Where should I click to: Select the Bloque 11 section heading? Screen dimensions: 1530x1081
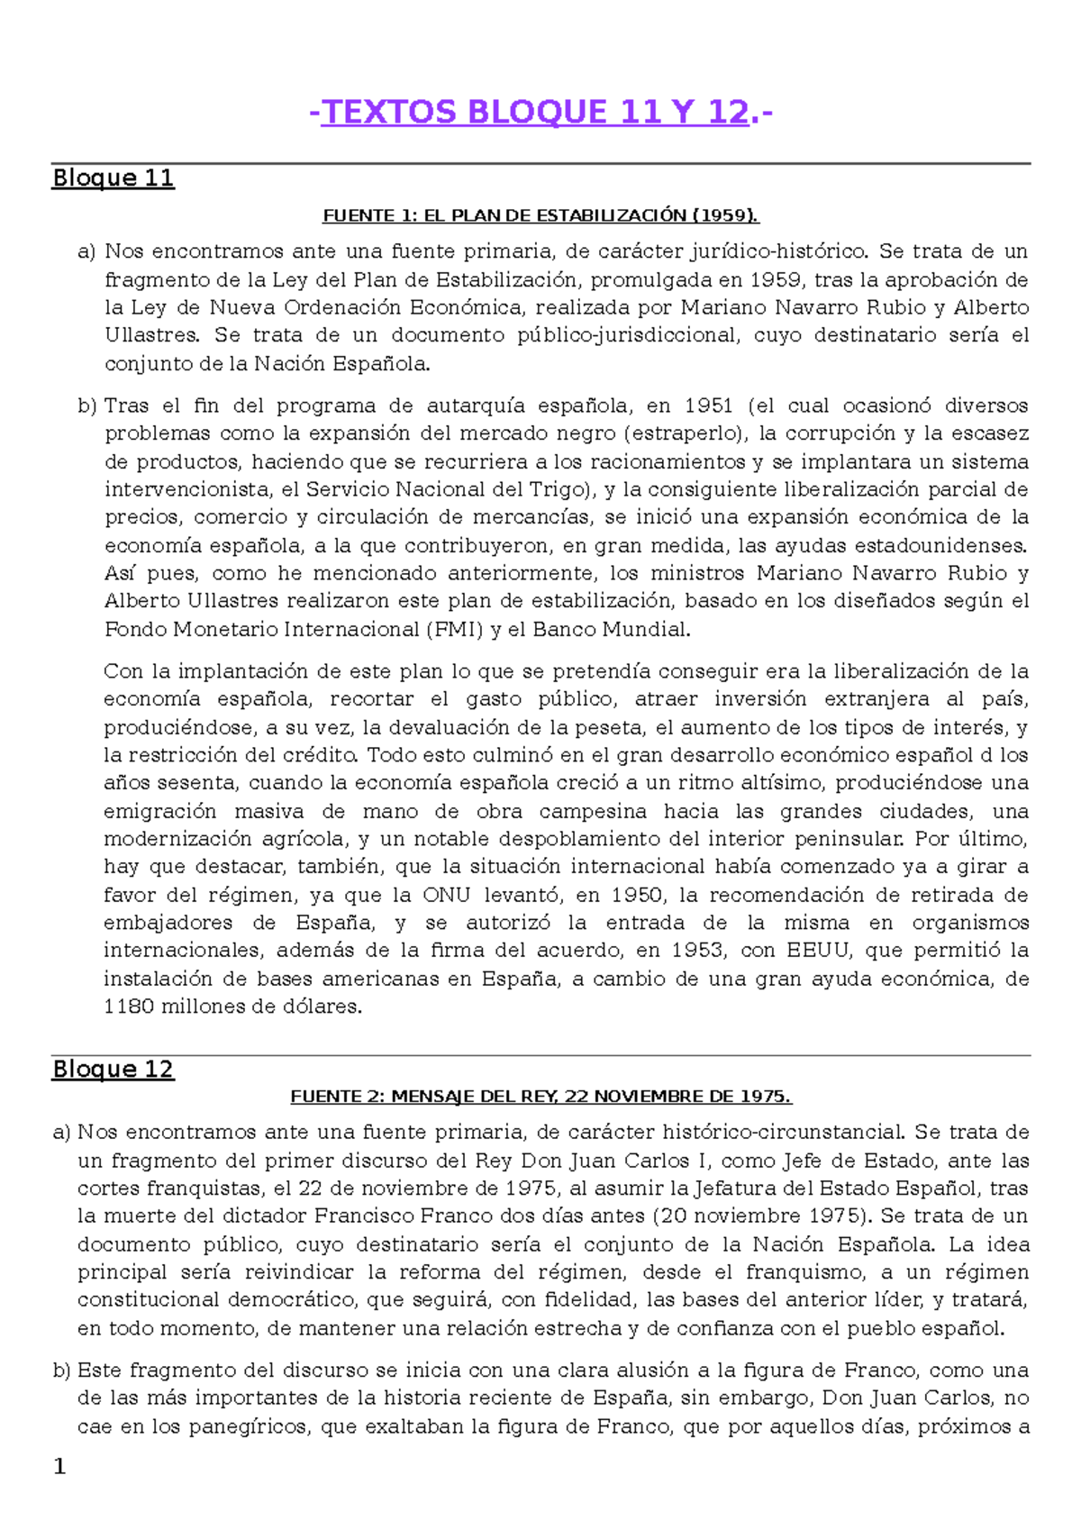[113, 178]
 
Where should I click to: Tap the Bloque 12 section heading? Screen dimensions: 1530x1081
[113, 1069]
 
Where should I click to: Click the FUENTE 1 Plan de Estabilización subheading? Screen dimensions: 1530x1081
[540, 215]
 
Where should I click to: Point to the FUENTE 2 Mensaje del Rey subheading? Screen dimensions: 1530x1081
[540, 1097]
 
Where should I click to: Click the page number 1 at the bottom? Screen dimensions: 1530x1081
[59, 1467]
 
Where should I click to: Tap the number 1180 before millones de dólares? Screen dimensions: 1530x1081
[129, 1006]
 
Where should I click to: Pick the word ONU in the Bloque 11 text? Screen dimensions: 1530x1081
[446, 896]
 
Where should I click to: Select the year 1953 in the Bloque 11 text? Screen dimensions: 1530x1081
[697, 951]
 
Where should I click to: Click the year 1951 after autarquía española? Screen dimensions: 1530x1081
[708, 405]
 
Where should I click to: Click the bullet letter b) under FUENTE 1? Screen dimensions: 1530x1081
[86, 405]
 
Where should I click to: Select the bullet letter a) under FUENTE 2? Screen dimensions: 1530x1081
[61, 1132]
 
